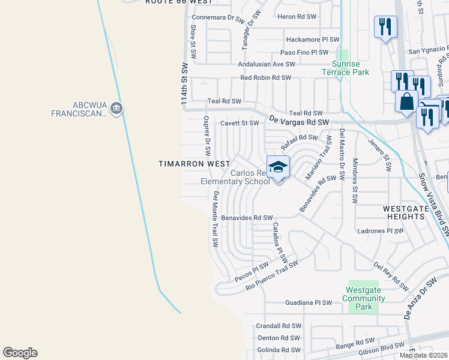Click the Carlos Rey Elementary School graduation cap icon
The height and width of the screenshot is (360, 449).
pos(278,167)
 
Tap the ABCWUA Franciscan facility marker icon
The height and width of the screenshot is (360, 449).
pos(117,109)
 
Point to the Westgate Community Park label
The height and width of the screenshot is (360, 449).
pos(363,298)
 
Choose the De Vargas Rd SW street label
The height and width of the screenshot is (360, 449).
pos(300,121)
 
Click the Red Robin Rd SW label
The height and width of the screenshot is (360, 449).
pos(265,78)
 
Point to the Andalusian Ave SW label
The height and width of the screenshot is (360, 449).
pos(267,64)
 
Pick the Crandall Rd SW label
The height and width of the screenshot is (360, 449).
pos(277,326)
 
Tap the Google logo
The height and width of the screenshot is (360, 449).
pos(20,353)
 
